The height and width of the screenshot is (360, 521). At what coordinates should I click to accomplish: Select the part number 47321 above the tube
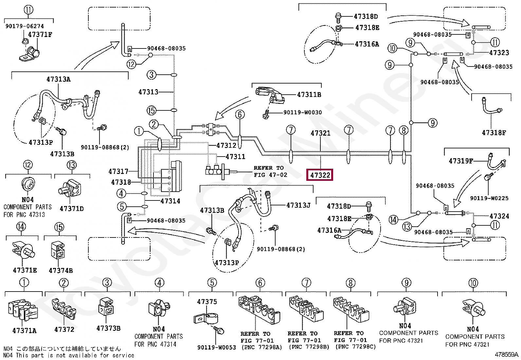(x=320, y=133)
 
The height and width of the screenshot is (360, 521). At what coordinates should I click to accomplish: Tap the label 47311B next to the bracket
(x=309, y=95)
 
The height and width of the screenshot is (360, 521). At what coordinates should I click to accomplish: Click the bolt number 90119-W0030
(x=302, y=112)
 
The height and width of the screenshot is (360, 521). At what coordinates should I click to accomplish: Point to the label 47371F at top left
(x=40, y=34)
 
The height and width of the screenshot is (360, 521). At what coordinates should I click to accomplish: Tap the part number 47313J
(x=298, y=205)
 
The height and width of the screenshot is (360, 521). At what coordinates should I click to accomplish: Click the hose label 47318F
(x=494, y=133)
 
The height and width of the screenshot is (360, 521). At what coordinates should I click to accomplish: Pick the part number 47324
(x=499, y=216)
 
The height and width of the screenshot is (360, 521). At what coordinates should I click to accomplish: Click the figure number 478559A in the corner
(x=506, y=354)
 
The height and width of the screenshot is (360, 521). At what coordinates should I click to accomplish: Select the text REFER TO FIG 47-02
(x=270, y=171)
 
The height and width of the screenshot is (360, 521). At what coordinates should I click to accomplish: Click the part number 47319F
(x=461, y=161)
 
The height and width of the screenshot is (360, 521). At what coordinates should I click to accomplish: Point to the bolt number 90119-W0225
(x=489, y=198)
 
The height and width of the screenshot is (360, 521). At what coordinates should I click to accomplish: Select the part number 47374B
(x=61, y=271)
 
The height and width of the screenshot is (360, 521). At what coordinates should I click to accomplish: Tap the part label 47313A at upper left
(x=58, y=79)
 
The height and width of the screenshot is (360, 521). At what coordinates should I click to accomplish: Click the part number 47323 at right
(x=499, y=52)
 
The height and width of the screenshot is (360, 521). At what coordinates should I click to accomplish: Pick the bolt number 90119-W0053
(x=216, y=347)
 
